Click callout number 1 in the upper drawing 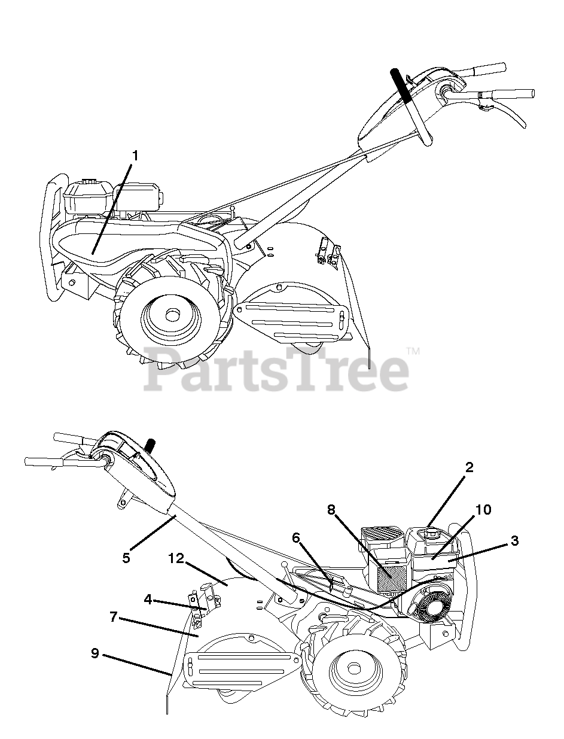click(x=135, y=156)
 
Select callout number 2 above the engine click(x=469, y=467)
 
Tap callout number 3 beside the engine click(x=514, y=541)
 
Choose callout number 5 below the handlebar click(x=126, y=557)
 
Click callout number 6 click(x=295, y=538)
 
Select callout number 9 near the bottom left click(x=95, y=653)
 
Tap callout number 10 click(x=483, y=509)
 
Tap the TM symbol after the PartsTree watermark click(x=412, y=350)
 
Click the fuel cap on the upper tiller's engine click(x=90, y=181)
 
